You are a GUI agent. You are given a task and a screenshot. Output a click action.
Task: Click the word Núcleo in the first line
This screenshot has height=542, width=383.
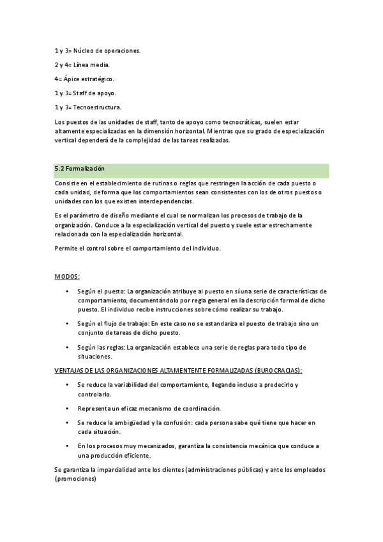coord(84,50)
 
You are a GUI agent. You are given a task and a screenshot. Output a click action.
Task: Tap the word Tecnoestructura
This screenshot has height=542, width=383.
coord(98,107)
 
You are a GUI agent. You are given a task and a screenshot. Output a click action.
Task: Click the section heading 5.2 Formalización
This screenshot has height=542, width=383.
coord(80,169)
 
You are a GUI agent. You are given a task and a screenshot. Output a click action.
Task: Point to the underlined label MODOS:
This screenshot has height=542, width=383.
coord(67,276)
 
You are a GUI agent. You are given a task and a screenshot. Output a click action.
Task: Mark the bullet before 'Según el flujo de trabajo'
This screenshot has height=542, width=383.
coord(68,323)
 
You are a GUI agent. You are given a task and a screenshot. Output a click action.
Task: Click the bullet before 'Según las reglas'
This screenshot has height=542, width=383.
coord(68,347)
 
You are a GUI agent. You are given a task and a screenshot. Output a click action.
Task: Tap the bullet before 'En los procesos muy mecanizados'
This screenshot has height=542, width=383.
coord(68,445)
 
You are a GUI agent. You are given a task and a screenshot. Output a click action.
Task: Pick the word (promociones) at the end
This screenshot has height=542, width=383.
coord(75,479)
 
